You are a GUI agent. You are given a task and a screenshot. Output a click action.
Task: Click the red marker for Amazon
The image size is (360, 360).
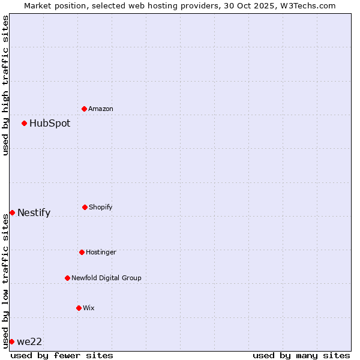[x=85, y=109]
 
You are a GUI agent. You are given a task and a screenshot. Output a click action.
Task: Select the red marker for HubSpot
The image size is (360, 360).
[x=25, y=124]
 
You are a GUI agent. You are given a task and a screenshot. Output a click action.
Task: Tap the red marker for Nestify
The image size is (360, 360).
[x=12, y=212]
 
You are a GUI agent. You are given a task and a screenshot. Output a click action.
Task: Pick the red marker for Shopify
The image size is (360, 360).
[x=85, y=207]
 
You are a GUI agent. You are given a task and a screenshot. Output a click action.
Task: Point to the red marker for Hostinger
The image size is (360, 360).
[x=82, y=252]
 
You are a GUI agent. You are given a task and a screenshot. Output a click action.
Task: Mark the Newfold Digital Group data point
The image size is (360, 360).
[x=67, y=278]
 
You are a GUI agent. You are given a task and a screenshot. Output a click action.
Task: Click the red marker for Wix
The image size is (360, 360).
[x=79, y=308]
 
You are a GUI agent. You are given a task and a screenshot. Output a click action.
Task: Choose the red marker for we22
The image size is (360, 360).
[x=11, y=341]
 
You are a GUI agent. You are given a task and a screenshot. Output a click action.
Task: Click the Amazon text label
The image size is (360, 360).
[x=101, y=109]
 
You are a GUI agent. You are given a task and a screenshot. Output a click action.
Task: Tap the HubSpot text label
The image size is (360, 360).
[x=50, y=124]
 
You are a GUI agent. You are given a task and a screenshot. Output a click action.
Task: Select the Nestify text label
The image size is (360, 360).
[x=34, y=212]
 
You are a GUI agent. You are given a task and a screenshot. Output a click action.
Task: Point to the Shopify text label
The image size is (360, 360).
[x=101, y=207]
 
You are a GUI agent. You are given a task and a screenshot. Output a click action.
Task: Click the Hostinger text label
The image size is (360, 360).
[x=101, y=252]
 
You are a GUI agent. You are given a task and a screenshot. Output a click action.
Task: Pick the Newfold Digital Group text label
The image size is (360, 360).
[x=106, y=278]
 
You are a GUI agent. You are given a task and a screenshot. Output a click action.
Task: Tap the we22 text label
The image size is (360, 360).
[x=29, y=341]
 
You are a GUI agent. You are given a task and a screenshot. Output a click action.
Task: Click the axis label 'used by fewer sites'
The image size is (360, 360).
[x=62, y=355]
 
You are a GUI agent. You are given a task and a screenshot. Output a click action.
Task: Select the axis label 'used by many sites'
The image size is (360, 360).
[x=301, y=355]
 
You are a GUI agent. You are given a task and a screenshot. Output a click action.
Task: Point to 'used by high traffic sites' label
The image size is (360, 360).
[x=5, y=85]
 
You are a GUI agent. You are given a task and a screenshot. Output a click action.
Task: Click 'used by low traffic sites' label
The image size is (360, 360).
[x=5, y=281]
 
